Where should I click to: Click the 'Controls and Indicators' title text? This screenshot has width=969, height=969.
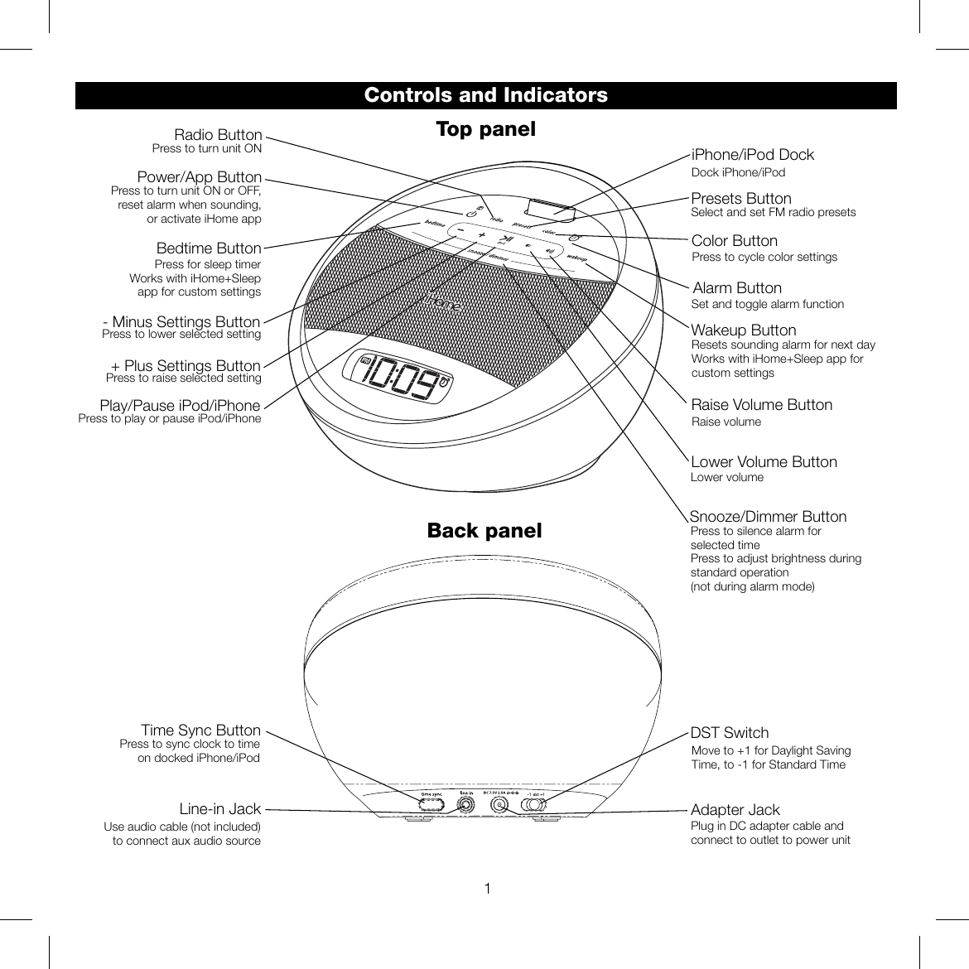pyautogui.click(x=485, y=95)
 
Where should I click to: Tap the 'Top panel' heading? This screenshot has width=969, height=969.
pyautogui.click(x=485, y=130)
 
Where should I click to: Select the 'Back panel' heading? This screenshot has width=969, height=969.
pyautogui.click(x=485, y=531)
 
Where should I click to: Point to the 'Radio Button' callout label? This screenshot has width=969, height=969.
pyautogui.click(x=218, y=135)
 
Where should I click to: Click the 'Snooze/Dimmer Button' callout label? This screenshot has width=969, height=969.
pyautogui.click(x=768, y=517)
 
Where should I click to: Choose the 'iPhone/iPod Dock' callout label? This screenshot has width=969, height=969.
pyautogui.click(x=752, y=155)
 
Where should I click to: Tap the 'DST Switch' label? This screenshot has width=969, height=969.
pyautogui.click(x=730, y=733)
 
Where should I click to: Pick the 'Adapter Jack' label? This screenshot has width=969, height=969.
pyautogui.click(x=735, y=810)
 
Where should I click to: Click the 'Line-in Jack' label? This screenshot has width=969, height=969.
pyautogui.click(x=220, y=809)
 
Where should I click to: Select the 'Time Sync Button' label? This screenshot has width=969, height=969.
pyautogui.click(x=200, y=730)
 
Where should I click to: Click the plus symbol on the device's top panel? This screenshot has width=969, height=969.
pyautogui.click(x=481, y=235)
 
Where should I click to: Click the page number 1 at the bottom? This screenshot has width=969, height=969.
pyautogui.click(x=488, y=889)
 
